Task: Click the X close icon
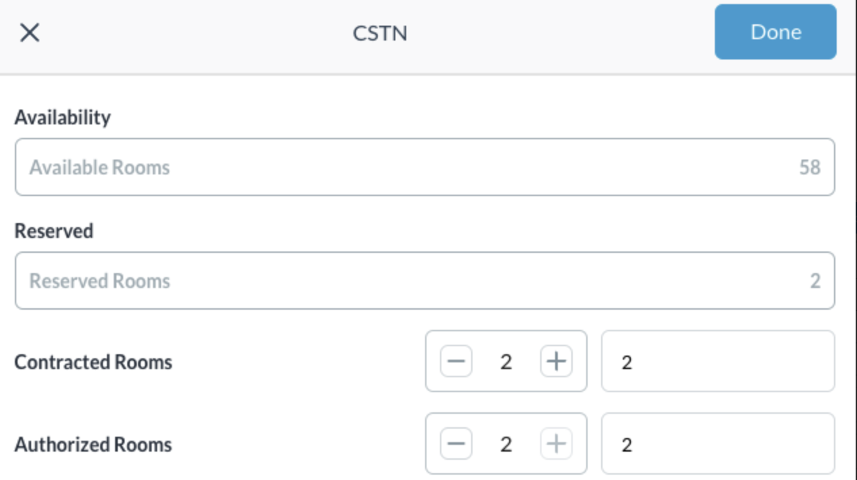point(30,32)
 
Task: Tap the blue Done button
point(776,32)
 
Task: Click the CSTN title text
point(380,33)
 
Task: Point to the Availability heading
point(63,118)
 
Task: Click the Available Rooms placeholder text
point(100,168)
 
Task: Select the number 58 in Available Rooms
point(810,168)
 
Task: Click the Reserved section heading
point(54,231)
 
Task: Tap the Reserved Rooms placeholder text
point(100,281)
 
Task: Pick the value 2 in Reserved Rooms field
point(815,281)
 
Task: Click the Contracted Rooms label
point(93,362)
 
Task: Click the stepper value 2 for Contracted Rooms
point(506,362)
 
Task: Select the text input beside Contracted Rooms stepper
point(718,361)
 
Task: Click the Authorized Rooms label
point(93,444)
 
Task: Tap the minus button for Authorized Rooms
point(456,443)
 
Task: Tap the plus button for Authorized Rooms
point(556,443)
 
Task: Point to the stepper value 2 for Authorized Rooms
point(506,444)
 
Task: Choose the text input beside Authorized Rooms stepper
point(718,443)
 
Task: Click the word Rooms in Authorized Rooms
point(143,444)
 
